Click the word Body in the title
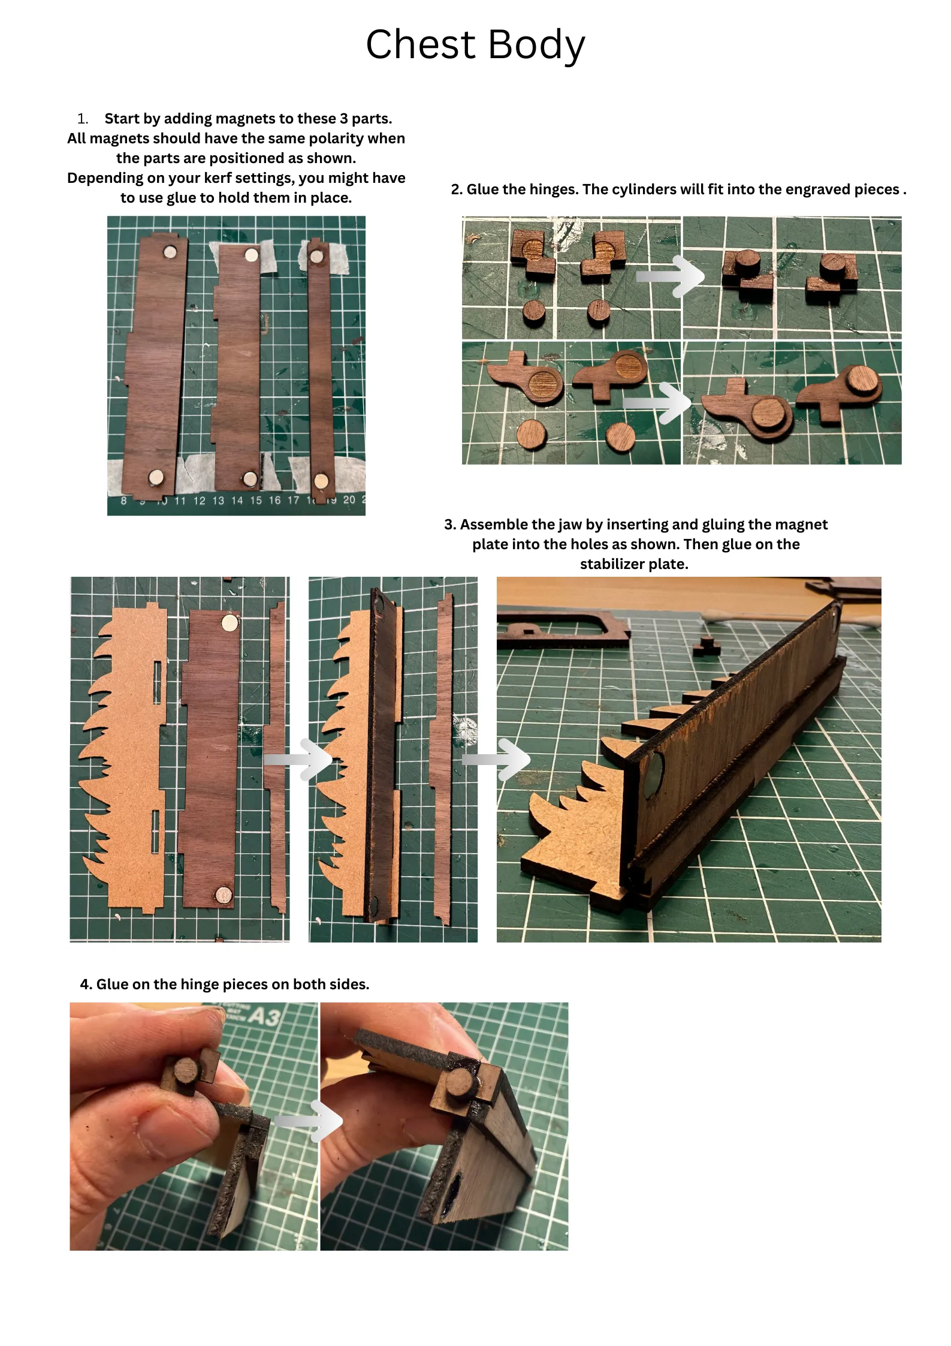(x=536, y=45)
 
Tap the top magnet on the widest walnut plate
(x=171, y=251)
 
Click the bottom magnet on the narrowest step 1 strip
(x=322, y=480)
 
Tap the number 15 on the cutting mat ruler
(x=256, y=500)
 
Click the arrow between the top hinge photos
(x=669, y=277)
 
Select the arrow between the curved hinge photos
(x=657, y=403)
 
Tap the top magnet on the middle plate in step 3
(x=230, y=623)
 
